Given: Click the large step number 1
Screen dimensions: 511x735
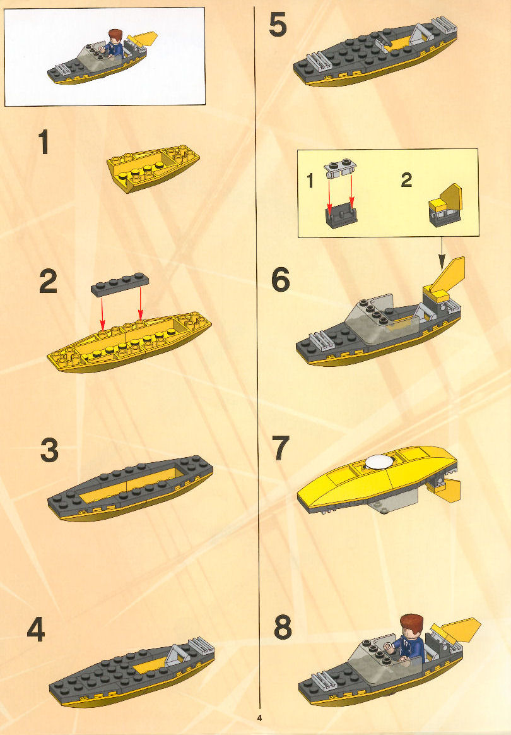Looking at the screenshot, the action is click(44, 142).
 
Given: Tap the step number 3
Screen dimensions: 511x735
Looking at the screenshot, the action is click(49, 450).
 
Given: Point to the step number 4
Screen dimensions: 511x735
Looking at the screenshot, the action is click(36, 629).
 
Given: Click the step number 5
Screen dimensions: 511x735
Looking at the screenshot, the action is click(278, 25).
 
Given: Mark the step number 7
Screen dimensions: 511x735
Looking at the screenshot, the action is click(281, 448).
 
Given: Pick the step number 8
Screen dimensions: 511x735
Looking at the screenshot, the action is click(283, 627).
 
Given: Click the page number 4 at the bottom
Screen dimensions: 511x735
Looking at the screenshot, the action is click(259, 718).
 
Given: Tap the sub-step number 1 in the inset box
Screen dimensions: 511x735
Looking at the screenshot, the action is click(310, 181).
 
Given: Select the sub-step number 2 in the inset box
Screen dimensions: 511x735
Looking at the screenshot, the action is click(406, 180).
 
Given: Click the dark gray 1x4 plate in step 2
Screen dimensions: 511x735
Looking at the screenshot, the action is click(120, 285).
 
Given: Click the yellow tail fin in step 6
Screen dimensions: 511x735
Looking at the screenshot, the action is click(447, 277).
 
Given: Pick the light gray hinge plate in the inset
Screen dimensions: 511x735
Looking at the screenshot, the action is click(340, 168).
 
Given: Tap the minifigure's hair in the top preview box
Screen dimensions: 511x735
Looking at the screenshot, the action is click(115, 35).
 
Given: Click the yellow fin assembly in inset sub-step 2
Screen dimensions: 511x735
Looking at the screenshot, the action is click(445, 205).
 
